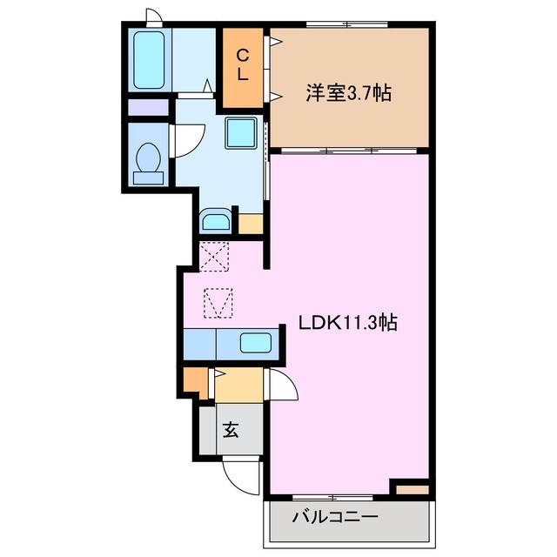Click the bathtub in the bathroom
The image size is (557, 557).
[x=153, y=59]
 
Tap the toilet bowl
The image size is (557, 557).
[x=149, y=161]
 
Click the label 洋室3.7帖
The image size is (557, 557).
[x=347, y=92]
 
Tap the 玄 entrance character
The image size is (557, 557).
[x=231, y=429]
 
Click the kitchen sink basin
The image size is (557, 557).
[x=254, y=342]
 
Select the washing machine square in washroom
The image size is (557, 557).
[x=240, y=133]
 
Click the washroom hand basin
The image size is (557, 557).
[x=214, y=219]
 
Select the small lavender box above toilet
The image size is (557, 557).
[x=147, y=109]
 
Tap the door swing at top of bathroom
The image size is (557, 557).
[x=154, y=16]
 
